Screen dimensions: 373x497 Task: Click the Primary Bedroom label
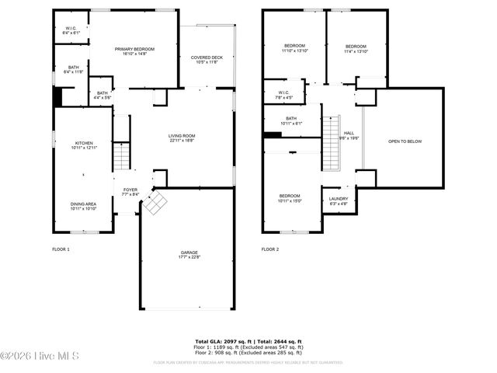pyautogui.click(x=135, y=51)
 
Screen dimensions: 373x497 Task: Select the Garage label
pyautogui.click(x=189, y=255)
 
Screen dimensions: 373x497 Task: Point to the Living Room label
pyautogui.click(x=182, y=138)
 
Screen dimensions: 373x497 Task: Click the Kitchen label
pyautogui.click(x=83, y=145)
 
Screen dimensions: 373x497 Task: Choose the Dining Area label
pyautogui.click(x=83, y=207)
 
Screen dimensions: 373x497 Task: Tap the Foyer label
pyautogui.click(x=130, y=192)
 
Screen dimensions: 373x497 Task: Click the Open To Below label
pyautogui.click(x=405, y=141)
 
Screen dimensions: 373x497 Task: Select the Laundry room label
pyautogui.click(x=339, y=201)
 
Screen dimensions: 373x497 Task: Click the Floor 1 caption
pyautogui.click(x=61, y=249)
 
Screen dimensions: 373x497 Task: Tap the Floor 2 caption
pyautogui.click(x=269, y=249)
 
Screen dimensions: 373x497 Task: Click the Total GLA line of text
pyautogui.click(x=248, y=341)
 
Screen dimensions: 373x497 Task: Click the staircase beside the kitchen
pyautogui.click(x=121, y=156)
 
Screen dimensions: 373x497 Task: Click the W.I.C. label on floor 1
pyautogui.click(x=71, y=30)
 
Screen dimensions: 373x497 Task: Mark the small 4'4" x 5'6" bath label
pyautogui.click(x=102, y=96)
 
